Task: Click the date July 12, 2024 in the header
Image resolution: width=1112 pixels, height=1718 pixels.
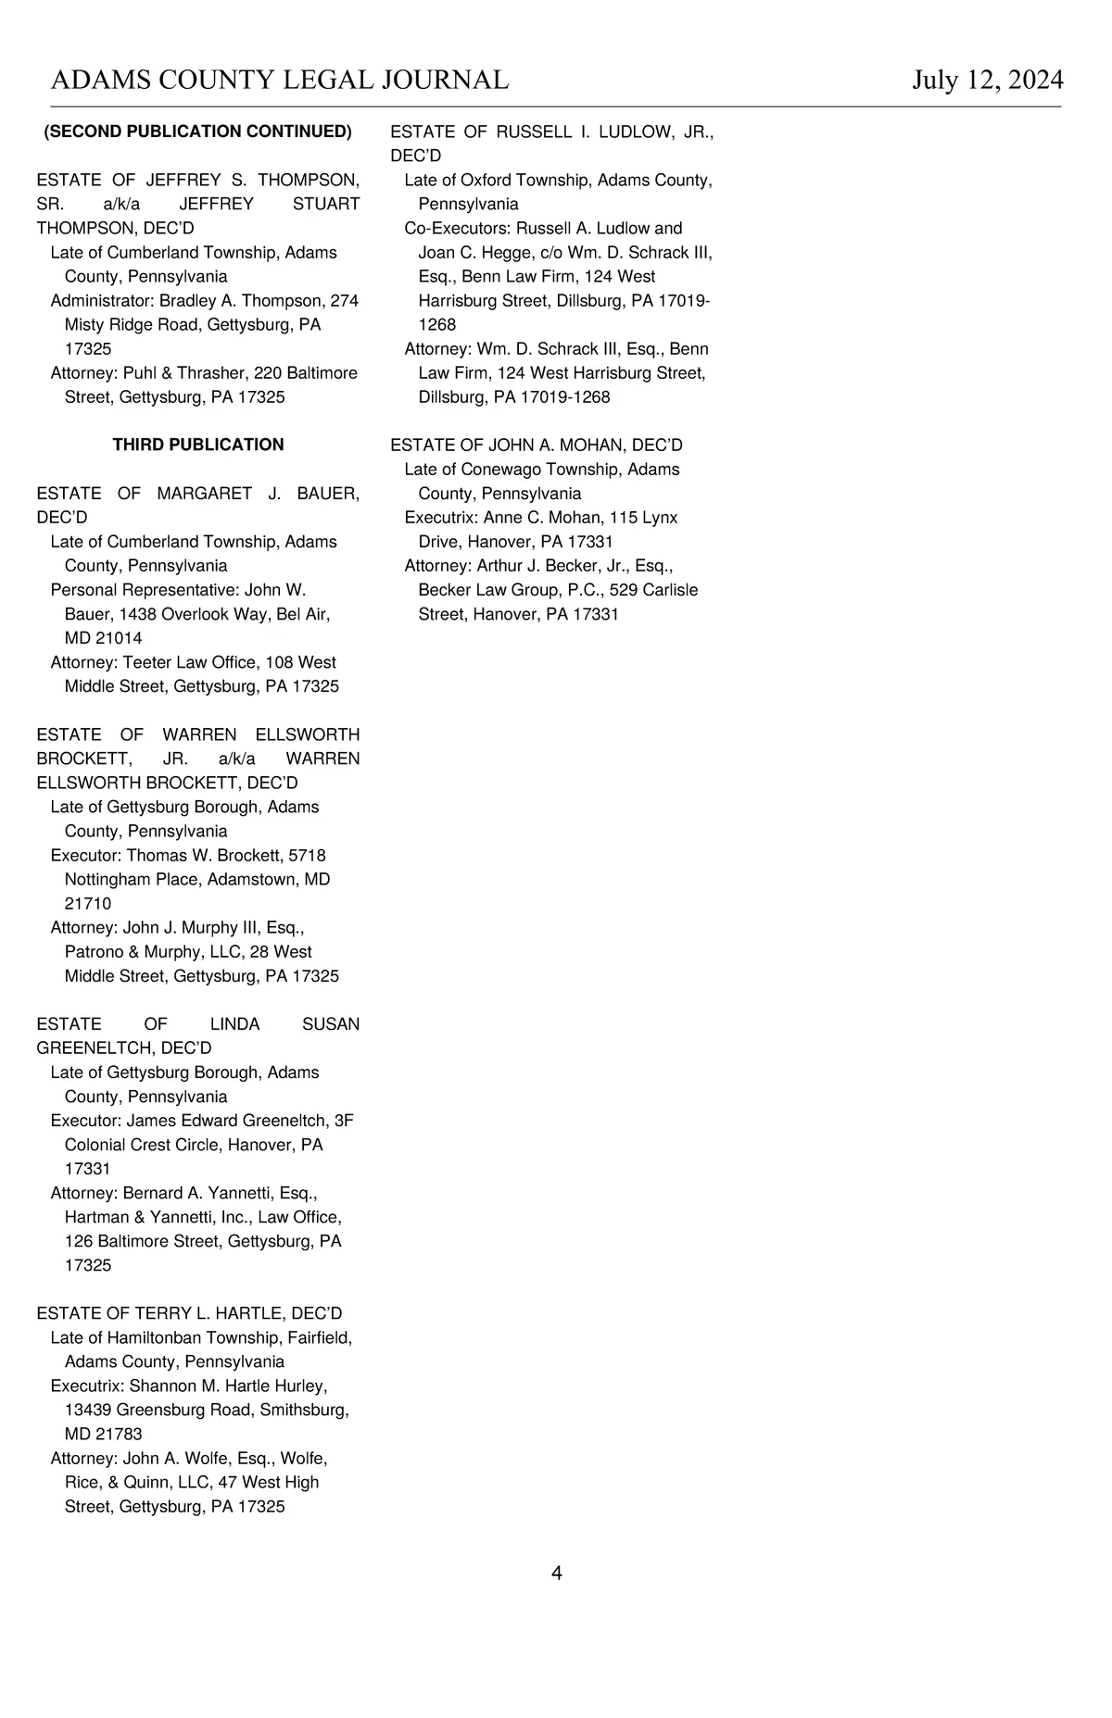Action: click(x=987, y=81)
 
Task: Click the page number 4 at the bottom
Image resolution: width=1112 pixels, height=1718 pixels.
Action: click(x=556, y=1573)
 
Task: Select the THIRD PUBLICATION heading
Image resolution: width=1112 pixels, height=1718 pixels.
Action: click(x=198, y=445)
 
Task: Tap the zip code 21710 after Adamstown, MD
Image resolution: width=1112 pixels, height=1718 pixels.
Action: click(x=88, y=903)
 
